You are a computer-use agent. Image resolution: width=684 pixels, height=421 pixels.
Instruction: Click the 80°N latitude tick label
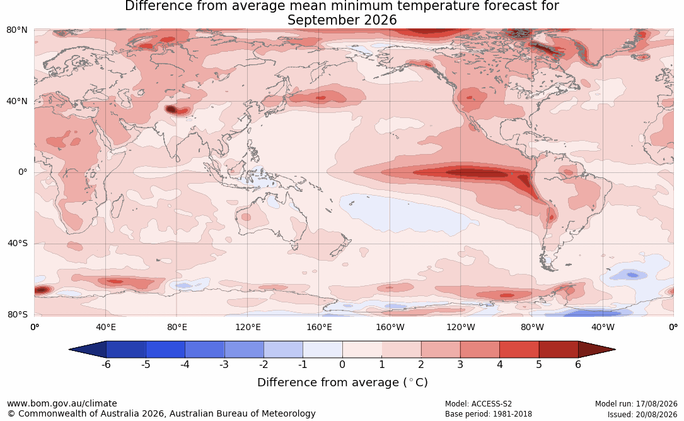point(16,30)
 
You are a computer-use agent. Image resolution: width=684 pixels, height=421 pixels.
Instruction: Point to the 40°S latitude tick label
point(17,243)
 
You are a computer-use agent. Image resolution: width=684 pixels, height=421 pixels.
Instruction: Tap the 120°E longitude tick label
point(248,327)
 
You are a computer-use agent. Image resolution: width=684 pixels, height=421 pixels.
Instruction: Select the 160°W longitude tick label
point(390,327)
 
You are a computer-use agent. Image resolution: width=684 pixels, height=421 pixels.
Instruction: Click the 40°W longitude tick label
point(603,327)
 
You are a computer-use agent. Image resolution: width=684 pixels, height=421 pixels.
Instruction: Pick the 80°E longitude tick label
point(177,327)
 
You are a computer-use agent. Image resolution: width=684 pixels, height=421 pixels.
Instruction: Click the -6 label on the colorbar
point(106,364)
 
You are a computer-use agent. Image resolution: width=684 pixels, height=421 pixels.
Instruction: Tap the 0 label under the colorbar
point(342,364)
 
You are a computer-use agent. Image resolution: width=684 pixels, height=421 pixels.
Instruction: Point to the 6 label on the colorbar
point(578,364)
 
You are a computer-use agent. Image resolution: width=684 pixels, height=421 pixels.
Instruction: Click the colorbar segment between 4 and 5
point(519,350)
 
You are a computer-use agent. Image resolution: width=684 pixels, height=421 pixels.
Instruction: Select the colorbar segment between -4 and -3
point(205,350)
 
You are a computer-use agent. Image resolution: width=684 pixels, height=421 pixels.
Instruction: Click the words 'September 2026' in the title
point(342,20)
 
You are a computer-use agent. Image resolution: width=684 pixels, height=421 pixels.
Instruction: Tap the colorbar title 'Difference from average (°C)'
point(342,382)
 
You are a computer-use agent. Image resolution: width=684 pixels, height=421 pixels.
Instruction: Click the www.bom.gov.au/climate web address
point(62,403)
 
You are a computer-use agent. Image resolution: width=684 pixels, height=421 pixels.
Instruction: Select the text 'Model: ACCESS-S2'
point(478,404)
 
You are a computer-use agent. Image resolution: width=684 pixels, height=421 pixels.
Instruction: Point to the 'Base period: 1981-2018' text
point(488,414)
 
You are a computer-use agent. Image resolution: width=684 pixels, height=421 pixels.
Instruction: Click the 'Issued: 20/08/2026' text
point(642,414)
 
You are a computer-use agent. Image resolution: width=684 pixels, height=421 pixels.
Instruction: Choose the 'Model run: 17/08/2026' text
point(636,404)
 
